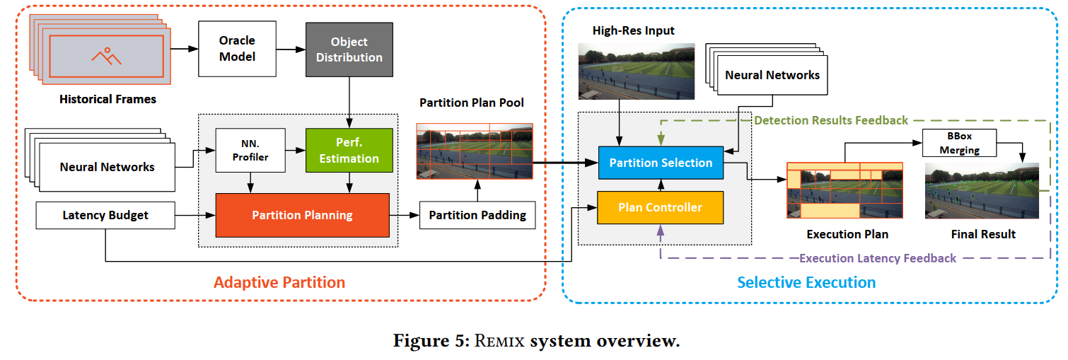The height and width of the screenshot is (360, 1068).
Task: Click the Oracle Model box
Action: [x=237, y=49]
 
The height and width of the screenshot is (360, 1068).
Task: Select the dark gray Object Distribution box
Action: [x=349, y=49]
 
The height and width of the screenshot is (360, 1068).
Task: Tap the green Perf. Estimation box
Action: [x=349, y=150]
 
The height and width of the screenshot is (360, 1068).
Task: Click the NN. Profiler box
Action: [x=250, y=150]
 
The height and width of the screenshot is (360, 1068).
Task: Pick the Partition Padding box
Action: [x=477, y=215]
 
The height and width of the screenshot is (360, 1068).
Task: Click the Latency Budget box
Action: [x=105, y=215]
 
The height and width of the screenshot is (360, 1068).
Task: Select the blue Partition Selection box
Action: [x=661, y=163]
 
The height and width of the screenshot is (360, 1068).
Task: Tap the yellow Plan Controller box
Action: [x=661, y=207]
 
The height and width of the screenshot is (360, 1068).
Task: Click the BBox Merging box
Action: [x=960, y=142]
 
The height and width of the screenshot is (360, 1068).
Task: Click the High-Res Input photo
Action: [x=637, y=71]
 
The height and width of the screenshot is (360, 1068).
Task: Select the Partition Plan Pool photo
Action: [x=474, y=151]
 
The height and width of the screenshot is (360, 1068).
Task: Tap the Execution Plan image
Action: [x=844, y=190]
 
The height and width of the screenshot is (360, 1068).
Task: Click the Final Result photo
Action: [x=982, y=190]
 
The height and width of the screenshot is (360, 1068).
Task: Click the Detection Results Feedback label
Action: [x=830, y=120]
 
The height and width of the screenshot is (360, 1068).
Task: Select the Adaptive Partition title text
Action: [x=279, y=283]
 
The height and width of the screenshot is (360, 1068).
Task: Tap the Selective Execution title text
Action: [x=806, y=283]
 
